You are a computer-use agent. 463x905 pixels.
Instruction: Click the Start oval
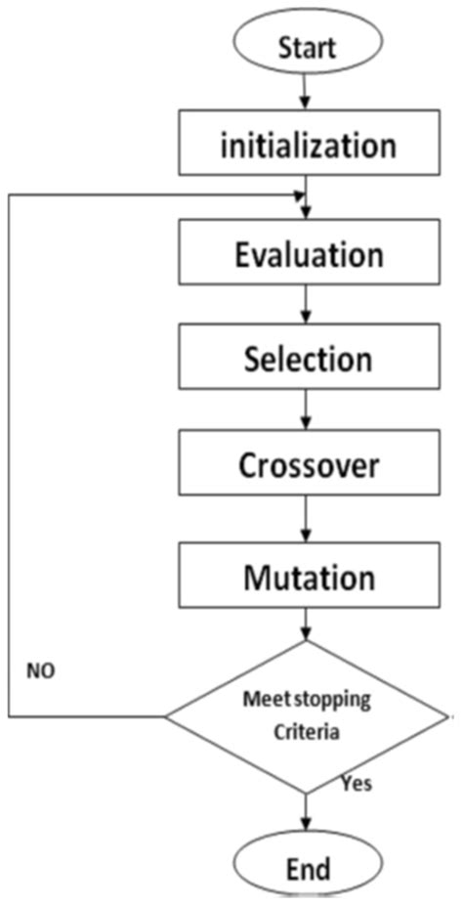point(307,45)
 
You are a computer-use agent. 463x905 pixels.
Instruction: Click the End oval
point(307,867)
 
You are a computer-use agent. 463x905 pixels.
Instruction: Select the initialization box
point(307,146)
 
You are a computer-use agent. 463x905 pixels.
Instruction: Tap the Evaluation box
point(307,255)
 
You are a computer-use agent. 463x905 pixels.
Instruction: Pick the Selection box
point(307,359)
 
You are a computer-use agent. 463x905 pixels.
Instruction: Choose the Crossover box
point(307,465)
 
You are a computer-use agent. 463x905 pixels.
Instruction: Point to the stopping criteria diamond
point(307,716)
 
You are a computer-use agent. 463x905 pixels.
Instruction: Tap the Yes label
point(357,783)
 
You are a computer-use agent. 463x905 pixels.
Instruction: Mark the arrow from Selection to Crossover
point(307,410)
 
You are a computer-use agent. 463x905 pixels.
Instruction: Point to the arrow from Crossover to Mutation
point(307,517)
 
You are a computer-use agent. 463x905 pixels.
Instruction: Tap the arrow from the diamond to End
point(307,813)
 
